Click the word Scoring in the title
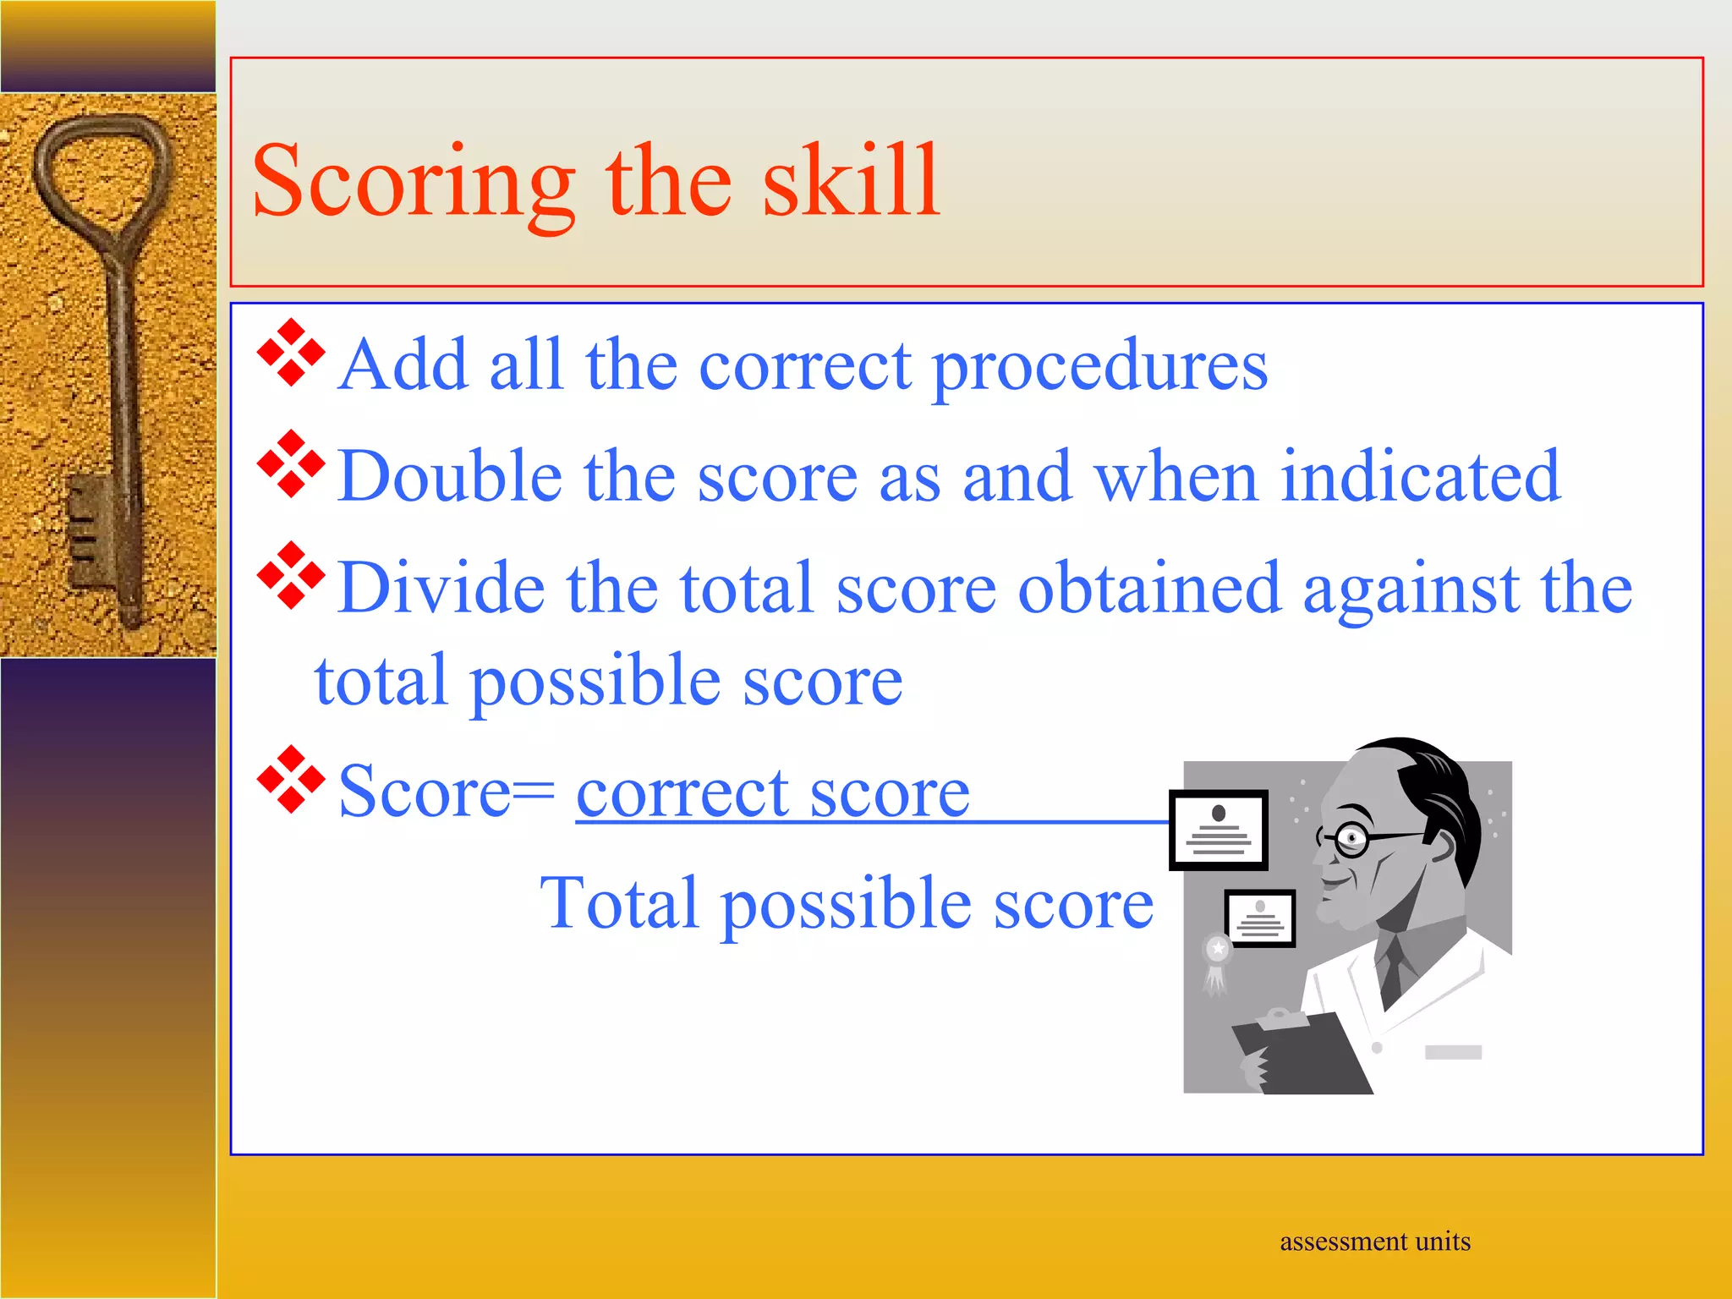tap(413, 182)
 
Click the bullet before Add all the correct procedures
tap(291, 353)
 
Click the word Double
tap(449, 476)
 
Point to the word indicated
tap(1420, 476)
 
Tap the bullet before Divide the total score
tap(291, 575)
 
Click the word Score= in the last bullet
tap(446, 792)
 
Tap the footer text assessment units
tap(1374, 1241)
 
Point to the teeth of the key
tap(85, 529)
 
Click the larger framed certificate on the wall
tap(1218, 830)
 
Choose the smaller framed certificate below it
tap(1260, 918)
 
